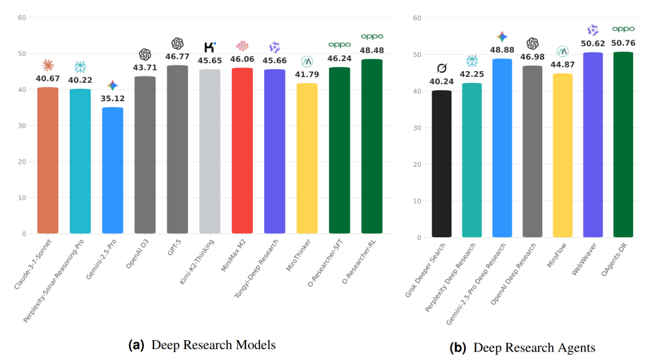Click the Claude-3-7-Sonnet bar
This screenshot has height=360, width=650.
pos(48,160)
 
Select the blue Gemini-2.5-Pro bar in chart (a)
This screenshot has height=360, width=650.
pos(113,170)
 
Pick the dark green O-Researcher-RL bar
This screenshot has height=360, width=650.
pos(371,146)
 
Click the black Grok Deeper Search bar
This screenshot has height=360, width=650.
pos(442,164)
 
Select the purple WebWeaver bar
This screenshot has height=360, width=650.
pos(593,144)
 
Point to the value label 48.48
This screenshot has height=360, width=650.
pos(371,50)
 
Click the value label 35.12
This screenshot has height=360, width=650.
pos(113,98)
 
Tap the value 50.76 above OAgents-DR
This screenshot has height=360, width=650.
pos(623,43)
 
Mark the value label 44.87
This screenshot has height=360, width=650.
pos(563,65)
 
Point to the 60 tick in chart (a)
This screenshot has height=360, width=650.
pos(22,17)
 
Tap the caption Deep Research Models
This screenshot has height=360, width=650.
pos(213,345)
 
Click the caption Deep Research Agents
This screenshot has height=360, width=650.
pos(534,348)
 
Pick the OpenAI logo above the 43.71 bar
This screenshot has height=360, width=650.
pos(145,55)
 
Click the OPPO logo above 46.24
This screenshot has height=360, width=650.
pos(339,45)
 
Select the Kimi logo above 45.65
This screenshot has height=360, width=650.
pos(209,47)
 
